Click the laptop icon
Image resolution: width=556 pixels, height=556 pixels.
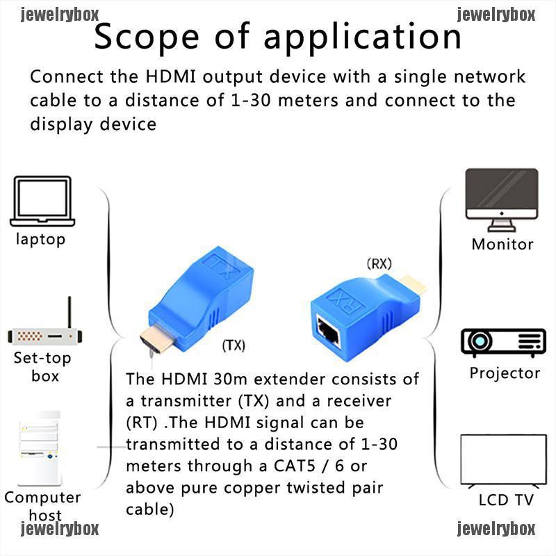pos(42,201)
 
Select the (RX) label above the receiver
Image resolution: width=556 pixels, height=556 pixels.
pos(379,264)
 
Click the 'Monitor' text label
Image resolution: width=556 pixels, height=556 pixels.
pos(502,244)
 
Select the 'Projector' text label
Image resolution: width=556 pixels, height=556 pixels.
pos(505,373)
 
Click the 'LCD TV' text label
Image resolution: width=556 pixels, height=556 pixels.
pos(505,500)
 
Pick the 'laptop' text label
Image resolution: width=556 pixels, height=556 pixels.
pos(41,240)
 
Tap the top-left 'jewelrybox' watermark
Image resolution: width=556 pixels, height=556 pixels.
pos(60,14)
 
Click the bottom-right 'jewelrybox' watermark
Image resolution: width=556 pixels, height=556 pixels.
pos(496,530)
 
